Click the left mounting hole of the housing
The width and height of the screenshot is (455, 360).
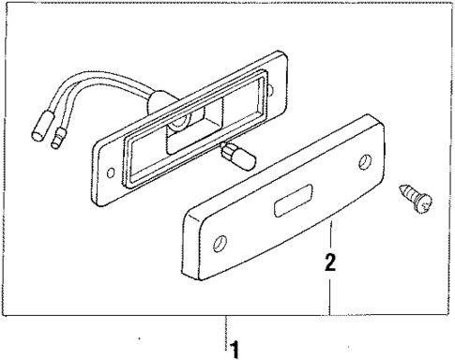click(x=114, y=173)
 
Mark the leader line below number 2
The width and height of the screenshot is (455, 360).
click(x=330, y=295)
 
